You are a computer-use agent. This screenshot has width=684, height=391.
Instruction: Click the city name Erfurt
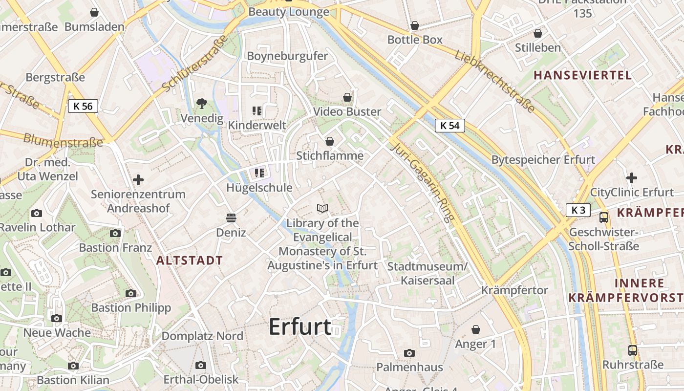click(300, 326)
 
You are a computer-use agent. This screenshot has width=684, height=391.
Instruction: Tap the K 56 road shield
click(83, 106)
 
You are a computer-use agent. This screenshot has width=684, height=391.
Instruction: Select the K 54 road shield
click(449, 126)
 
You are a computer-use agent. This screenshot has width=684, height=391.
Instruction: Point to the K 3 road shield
click(578, 210)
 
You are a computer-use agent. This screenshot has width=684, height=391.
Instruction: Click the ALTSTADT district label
click(190, 261)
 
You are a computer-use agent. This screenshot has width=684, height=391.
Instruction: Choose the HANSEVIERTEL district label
click(582, 75)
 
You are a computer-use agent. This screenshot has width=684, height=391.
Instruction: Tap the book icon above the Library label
click(322, 209)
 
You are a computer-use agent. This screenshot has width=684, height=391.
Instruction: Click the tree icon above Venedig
click(201, 103)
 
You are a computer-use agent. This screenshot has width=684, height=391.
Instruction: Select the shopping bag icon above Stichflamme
click(330, 141)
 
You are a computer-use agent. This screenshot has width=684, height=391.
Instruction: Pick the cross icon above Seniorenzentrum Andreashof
click(138, 180)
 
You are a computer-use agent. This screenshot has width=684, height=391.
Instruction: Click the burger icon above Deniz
click(231, 217)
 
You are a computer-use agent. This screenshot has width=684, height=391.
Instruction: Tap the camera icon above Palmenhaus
click(409, 353)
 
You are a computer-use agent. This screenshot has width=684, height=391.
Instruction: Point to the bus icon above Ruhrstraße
click(633, 350)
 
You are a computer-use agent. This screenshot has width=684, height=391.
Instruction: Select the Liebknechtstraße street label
click(494, 80)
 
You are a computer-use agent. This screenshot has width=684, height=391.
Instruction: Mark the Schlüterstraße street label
click(195, 63)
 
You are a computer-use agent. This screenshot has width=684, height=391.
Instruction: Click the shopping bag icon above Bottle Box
click(415, 25)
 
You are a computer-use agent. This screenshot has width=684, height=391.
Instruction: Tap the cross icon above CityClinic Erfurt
click(632, 178)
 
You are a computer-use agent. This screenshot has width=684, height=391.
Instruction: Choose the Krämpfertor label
click(514, 290)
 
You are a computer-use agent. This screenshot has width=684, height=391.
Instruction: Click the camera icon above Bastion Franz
click(115, 233)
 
